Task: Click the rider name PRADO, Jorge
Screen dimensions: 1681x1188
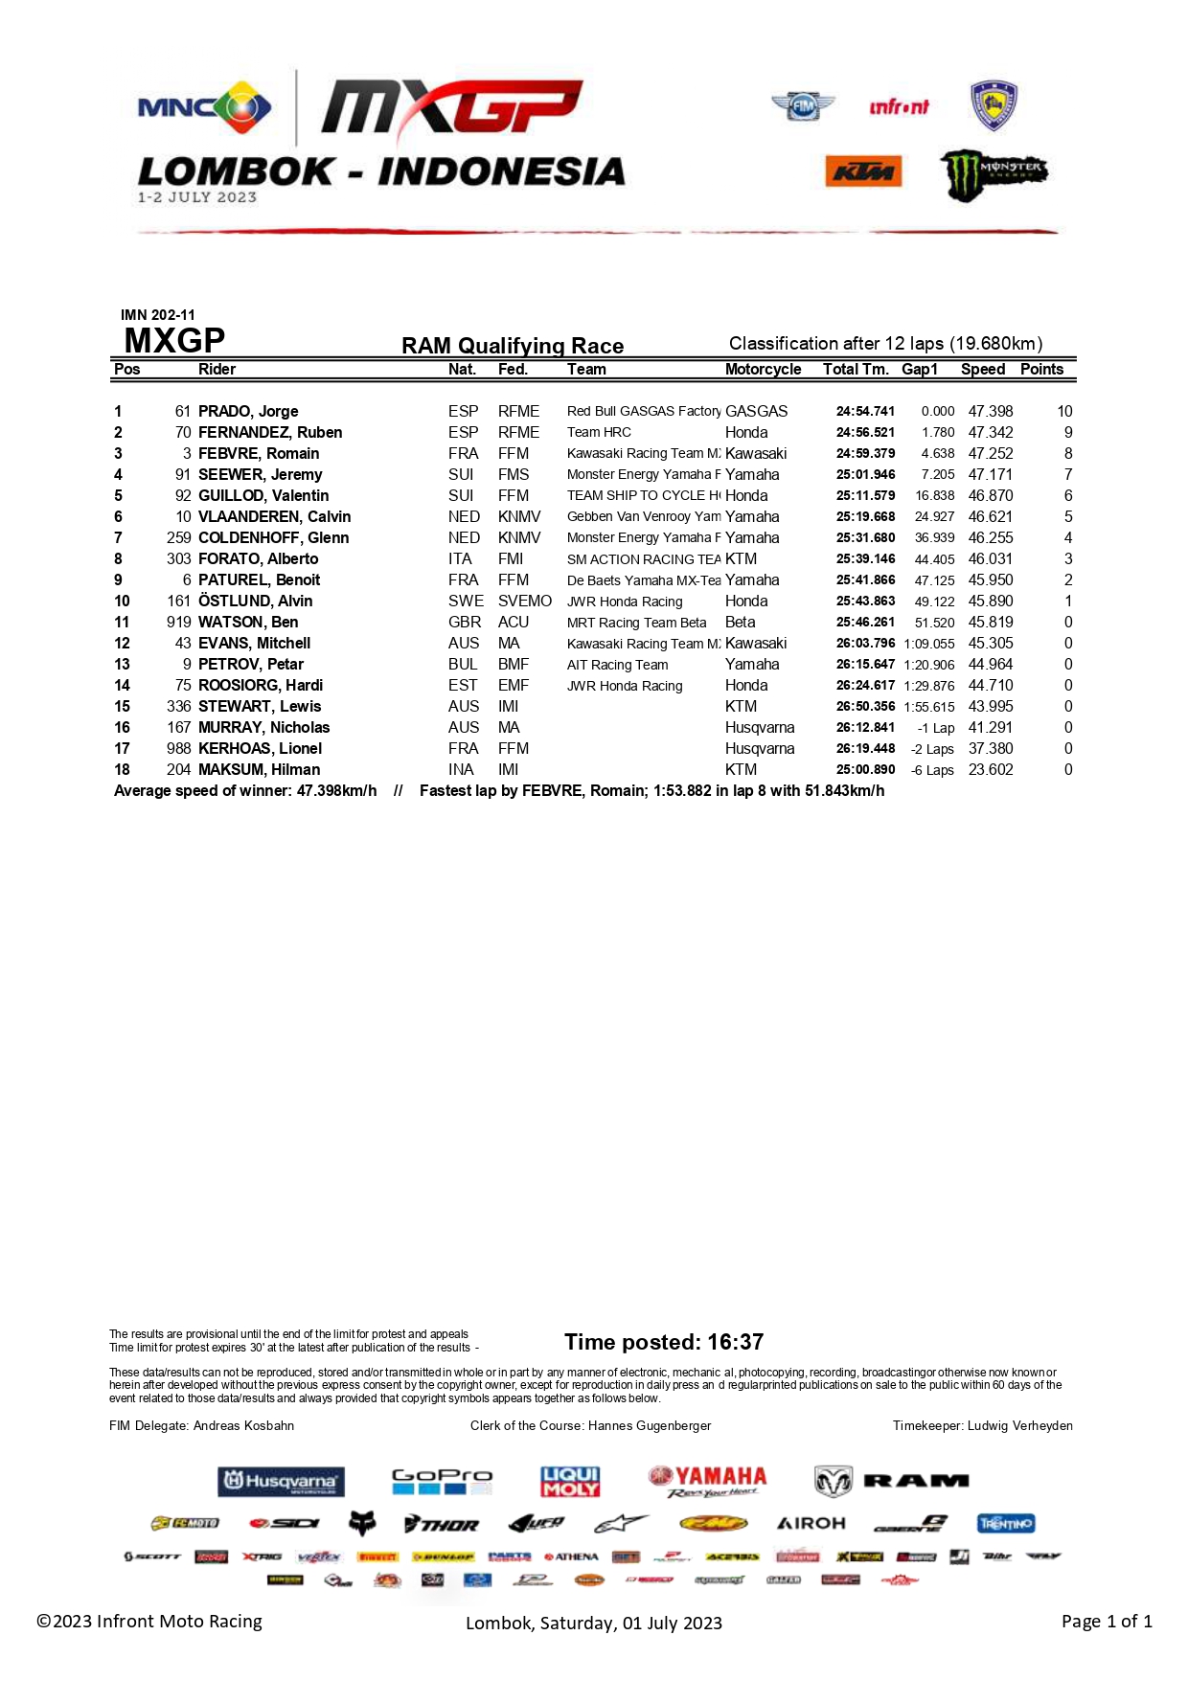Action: [248, 411]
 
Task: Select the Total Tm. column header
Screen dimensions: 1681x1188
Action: [855, 370]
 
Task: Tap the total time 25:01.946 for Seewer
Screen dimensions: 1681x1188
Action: [865, 474]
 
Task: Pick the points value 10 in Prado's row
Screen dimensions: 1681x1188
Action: [1064, 411]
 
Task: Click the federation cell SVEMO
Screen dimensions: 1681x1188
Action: [524, 601]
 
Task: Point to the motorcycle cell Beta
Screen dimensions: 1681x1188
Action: [740, 622]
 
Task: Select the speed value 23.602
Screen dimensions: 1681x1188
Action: [990, 769]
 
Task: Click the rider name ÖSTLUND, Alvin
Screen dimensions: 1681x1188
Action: [255, 601]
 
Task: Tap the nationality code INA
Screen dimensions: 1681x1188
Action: [461, 769]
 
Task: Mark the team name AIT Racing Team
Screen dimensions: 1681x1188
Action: [617, 665]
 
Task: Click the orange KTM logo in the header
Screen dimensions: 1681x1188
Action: [863, 171]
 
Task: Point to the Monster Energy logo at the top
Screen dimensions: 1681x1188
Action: [993, 174]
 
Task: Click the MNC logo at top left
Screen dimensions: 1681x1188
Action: [204, 107]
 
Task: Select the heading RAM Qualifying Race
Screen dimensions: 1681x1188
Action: [513, 346]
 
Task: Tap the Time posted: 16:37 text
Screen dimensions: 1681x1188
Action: [664, 1342]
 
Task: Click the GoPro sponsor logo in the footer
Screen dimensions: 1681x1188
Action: [442, 1481]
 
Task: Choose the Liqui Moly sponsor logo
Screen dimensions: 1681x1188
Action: [570, 1481]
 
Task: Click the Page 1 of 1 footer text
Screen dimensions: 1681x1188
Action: [1107, 1621]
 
